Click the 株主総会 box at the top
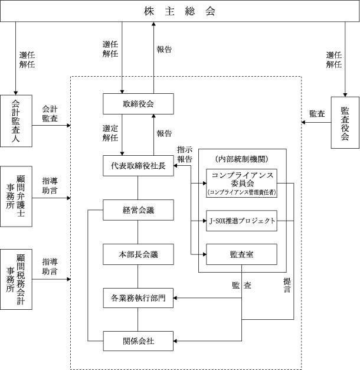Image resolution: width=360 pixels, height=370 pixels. coord(180,11)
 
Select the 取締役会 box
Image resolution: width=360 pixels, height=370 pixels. coord(138,104)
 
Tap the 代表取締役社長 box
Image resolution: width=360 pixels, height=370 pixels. coord(138,166)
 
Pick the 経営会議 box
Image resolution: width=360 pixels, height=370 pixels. coord(138,210)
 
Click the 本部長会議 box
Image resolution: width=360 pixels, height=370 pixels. coord(138,254)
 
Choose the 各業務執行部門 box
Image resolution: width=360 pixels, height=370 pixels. coord(138,298)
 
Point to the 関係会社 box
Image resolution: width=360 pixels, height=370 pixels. coord(138,341)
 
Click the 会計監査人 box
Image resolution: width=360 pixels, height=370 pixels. coord(16,121)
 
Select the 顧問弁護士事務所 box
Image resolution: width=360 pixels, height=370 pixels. coord(16,197)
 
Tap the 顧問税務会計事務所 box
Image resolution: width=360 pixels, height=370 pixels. coord(16,279)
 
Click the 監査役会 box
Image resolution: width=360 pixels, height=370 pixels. coord(345,123)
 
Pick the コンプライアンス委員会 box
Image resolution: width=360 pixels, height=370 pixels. coord(242,183)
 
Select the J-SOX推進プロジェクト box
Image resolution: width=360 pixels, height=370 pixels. coord(242,221)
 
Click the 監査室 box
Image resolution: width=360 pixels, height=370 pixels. coord(242,254)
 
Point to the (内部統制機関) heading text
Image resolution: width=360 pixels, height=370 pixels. coord(242,159)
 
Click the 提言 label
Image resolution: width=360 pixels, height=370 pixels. coord(287,285)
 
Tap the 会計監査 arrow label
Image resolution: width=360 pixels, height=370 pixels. coord(50,113)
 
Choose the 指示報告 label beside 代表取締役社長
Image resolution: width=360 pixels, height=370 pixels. coord(185,155)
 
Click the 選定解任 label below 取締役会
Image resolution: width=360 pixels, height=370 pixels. coord(110,133)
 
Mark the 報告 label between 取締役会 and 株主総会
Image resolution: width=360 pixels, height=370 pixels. coord(164,50)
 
